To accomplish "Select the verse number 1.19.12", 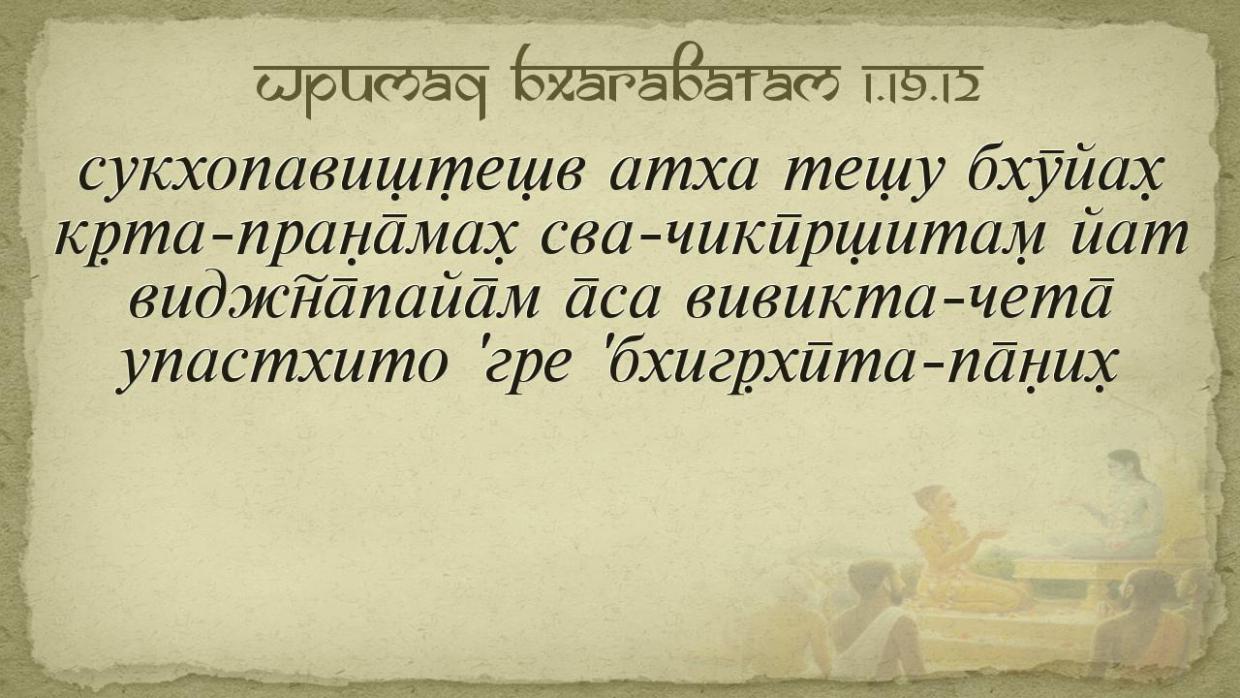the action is (920, 83).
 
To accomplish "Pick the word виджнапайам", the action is (333, 301).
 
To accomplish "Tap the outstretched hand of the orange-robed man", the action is (995, 535).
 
